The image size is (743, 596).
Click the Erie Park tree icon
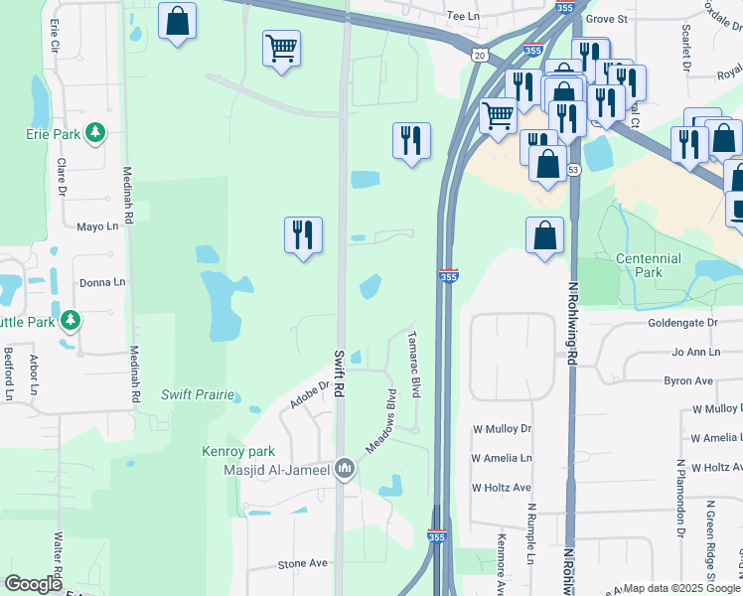coord(95,132)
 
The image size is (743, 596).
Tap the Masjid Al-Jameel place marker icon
coord(345,468)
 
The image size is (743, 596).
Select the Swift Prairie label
coord(199,394)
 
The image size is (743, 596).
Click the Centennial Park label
coord(649,265)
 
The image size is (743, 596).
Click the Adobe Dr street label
coord(309,396)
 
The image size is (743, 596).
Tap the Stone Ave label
coord(303,563)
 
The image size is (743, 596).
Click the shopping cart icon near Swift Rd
coord(282,49)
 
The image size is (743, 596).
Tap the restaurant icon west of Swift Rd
coord(303,236)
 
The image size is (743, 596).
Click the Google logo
coord(33,584)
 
